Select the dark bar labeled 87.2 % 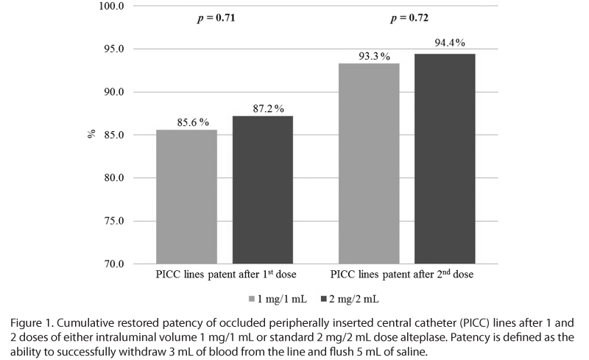click(x=263, y=190)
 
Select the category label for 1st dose click(x=224, y=275)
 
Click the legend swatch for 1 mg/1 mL click(x=251, y=298)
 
